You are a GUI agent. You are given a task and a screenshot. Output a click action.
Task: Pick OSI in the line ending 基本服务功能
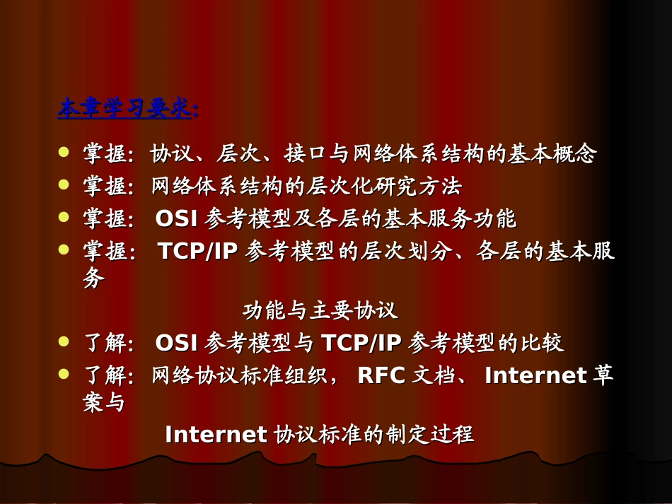point(178,219)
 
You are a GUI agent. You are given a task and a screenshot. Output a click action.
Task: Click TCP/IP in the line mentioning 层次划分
point(197,252)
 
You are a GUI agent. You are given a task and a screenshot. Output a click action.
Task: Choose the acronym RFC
point(381,375)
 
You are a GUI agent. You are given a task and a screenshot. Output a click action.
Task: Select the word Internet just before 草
point(535,375)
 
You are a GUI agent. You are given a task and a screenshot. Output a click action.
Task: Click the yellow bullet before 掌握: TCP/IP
point(64,250)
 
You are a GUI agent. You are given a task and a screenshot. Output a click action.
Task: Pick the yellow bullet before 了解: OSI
point(64,341)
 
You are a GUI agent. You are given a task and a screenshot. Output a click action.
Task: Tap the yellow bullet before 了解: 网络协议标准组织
point(64,373)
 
